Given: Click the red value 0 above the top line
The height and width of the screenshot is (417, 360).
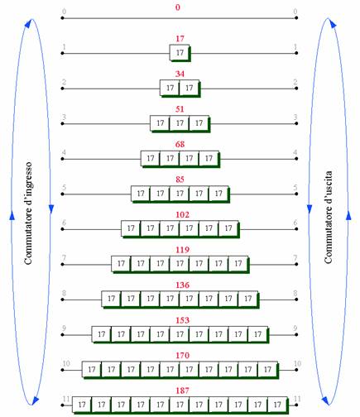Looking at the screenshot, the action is [x=178, y=7].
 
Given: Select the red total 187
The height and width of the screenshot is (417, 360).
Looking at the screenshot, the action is [x=182, y=391].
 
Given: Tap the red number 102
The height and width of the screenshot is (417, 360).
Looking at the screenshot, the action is [x=182, y=214].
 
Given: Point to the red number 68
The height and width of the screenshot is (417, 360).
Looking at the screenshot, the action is [x=180, y=144].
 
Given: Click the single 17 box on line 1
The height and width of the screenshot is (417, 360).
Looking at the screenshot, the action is [x=180, y=52].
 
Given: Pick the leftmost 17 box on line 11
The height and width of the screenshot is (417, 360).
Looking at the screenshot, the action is [x=82, y=405].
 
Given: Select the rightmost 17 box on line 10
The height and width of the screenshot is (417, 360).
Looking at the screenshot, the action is [x=267, y=369].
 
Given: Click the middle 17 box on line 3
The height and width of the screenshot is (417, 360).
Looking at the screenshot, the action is [x=180, y=123].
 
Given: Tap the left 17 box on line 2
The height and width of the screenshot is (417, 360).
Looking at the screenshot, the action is [x=170, y=88].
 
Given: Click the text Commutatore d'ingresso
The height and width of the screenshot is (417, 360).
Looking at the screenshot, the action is [x=28, y=213].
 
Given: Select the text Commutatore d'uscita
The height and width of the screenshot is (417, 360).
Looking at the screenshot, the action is [x=328, y=217].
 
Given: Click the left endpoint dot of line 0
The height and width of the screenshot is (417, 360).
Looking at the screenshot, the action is [x=62, y=18].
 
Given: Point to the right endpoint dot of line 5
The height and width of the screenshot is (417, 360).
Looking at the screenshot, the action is [x=296, y=194].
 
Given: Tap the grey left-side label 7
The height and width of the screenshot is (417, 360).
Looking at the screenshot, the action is [x=64, y=258].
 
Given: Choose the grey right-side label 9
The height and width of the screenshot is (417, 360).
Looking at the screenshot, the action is [x=295, y=328].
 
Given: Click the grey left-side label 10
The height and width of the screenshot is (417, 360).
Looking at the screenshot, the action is [x=66, y=363].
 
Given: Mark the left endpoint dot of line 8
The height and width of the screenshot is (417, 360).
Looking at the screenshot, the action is [x=62, y=300].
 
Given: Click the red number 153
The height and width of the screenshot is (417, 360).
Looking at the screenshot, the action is [x=182, y=320].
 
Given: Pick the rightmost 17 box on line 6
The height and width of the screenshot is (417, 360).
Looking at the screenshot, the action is [x=228, y=228].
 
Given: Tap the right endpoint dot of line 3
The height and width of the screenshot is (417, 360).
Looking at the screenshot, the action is [x=296, y=123].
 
